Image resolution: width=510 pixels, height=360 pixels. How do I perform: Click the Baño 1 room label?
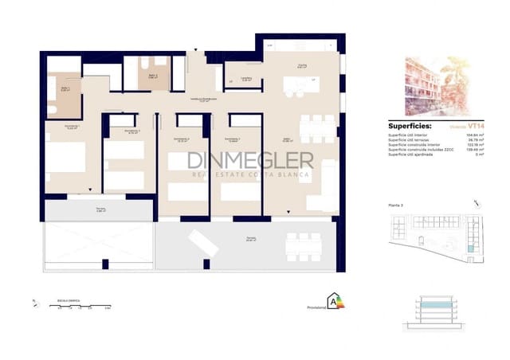(x=65, y=89)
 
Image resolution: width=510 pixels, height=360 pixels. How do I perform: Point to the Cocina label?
(x=302, y=66)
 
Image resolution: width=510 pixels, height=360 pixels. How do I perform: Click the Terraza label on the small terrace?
(x=100, y=210)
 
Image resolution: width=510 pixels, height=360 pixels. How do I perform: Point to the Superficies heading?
(x=410, y=125)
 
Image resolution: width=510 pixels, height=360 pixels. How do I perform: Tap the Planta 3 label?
(x=397, y=206)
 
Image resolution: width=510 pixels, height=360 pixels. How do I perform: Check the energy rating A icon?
(x=334, y=300)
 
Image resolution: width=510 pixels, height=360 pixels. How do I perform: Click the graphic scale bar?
(x=83, y=306)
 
